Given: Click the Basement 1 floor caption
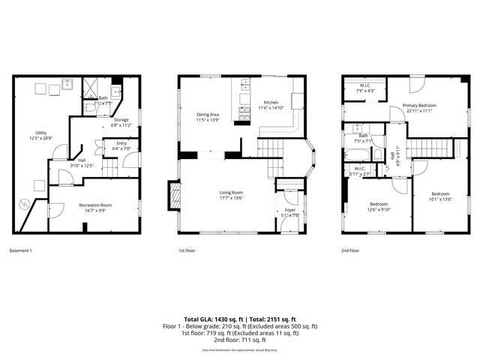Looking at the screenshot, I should click(x=21, y=250).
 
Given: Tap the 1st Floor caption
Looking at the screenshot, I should click(x=187, y=250).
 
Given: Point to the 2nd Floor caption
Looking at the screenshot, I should click(x=349, y=250).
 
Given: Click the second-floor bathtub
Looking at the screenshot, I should click(x=356, y=155).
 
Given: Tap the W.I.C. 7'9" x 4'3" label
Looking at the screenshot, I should click(x=364, y=88).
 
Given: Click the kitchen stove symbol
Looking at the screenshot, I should click(x=244, y=113).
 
